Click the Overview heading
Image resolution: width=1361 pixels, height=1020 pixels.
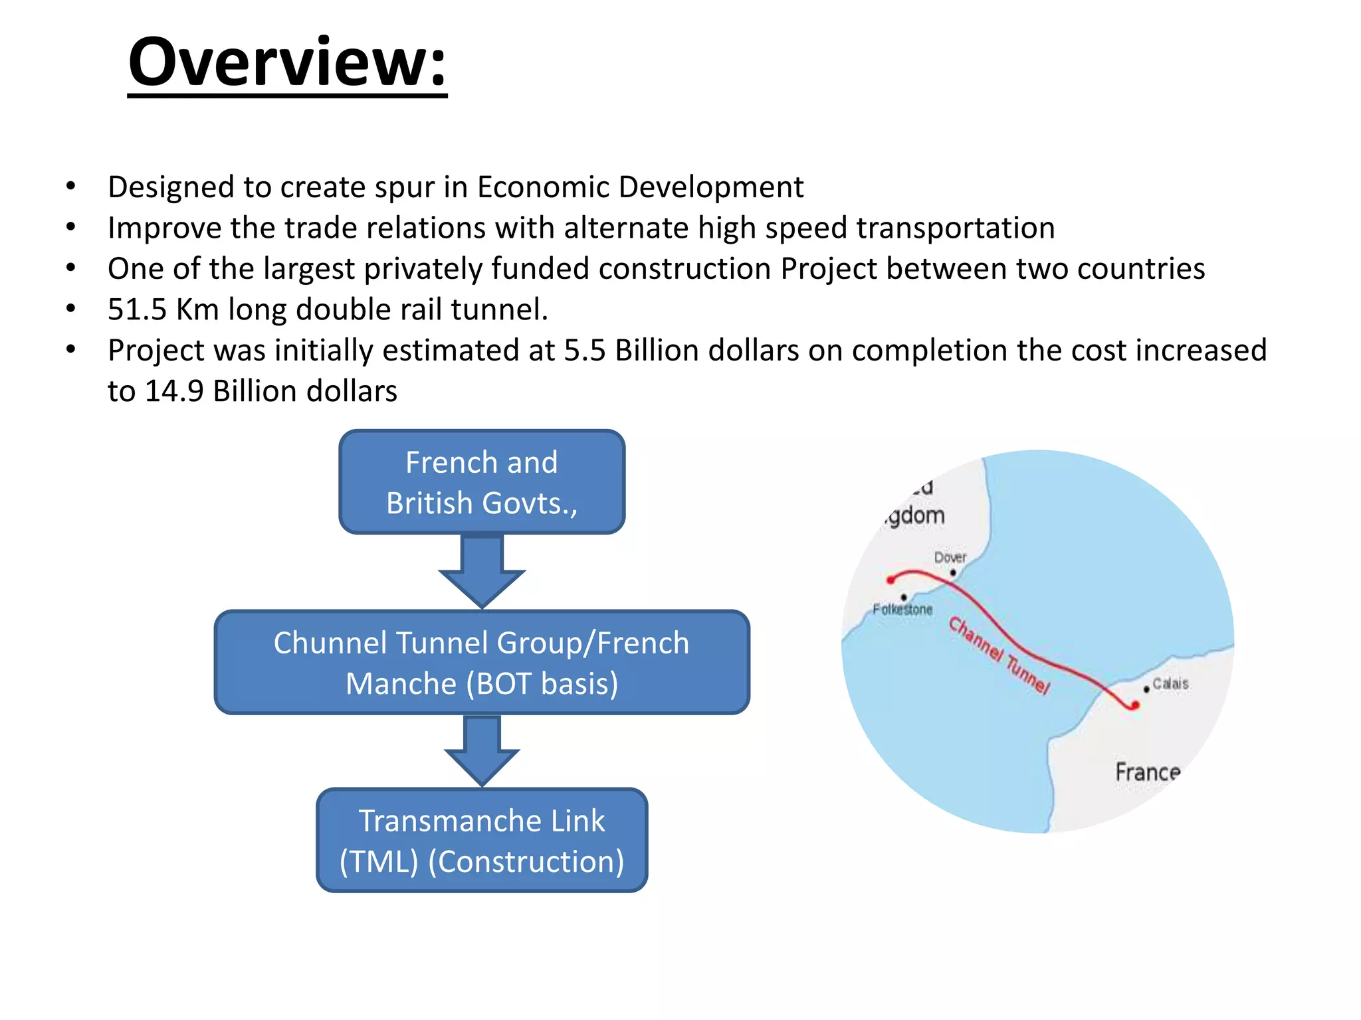(287, 62)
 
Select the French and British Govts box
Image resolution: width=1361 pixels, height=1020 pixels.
(482, 482)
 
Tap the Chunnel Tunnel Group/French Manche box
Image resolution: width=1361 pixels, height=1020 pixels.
(482, 663)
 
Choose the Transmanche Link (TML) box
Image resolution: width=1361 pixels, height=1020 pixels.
(482, 841)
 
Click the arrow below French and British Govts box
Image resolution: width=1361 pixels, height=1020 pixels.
(482, 570)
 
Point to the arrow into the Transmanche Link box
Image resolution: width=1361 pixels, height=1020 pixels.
(482, 750)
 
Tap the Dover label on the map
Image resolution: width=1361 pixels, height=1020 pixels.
(950, 557)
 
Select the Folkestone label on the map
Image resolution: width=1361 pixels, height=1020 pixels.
(902, 609)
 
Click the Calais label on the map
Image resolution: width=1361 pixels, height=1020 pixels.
(1170, 683)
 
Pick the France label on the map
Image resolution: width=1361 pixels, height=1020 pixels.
(1148, 772)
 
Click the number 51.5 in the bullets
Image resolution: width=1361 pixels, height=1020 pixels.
(137, 309)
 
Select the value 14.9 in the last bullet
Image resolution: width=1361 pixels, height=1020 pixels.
(173, 391)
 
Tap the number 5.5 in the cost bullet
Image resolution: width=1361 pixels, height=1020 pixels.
(584, 351)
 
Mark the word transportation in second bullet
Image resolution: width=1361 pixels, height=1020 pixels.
(955, 228)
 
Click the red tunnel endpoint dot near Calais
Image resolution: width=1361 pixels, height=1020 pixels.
(1134, 706)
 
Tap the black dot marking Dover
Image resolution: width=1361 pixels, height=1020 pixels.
(953, 572)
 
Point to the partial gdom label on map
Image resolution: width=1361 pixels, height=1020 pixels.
(915, 516)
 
